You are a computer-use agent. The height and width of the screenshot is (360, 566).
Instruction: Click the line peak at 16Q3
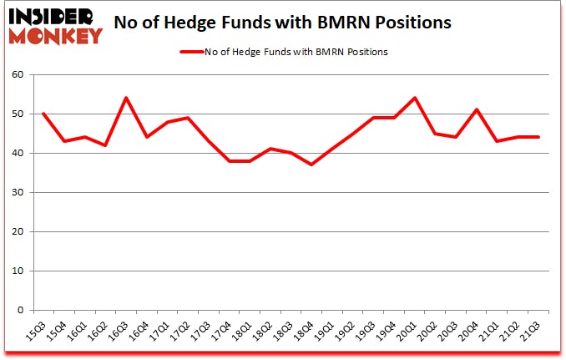(x=125, y=98)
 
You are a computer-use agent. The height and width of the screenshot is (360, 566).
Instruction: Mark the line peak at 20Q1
(x=415, y=98)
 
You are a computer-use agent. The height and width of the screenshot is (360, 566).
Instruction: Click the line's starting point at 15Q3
(x=43, y=114)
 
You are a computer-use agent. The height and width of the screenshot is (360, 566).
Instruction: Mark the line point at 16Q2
(x=105, y=145)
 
